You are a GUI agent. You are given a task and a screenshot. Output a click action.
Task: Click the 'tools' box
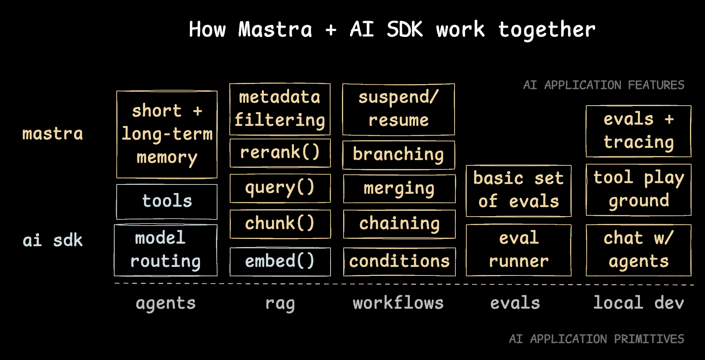(167, 202)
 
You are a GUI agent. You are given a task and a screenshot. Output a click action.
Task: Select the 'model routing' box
(165, 250)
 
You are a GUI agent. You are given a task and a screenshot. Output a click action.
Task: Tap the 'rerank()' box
(280, 153)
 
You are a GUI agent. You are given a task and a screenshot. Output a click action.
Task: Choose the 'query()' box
(280, 188)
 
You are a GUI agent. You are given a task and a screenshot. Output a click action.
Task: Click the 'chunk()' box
(280, 224)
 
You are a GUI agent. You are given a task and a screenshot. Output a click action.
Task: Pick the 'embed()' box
(280, 261)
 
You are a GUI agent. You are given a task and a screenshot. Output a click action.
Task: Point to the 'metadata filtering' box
(280, 109)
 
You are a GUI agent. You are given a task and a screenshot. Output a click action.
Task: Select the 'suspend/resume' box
(398, 109)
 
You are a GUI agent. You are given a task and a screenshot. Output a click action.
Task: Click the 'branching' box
(398, 155)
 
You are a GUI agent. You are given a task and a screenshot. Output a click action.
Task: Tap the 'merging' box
(399, 189)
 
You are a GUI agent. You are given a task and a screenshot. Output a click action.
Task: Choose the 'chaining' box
(399, 224)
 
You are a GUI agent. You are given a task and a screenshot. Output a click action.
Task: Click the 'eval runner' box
(518, 250)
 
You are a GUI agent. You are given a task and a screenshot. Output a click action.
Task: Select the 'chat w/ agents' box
(638, 250)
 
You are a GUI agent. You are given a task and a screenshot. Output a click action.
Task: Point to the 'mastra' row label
(52, 134)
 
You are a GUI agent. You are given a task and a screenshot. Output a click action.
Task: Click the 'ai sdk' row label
(52, 241)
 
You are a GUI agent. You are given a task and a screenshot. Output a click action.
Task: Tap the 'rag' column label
(280, 304)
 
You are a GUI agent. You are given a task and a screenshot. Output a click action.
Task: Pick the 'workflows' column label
(398, 303)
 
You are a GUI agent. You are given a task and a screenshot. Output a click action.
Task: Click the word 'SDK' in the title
(405, 30)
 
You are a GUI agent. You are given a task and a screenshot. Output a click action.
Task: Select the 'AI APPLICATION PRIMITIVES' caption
(596, 339)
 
